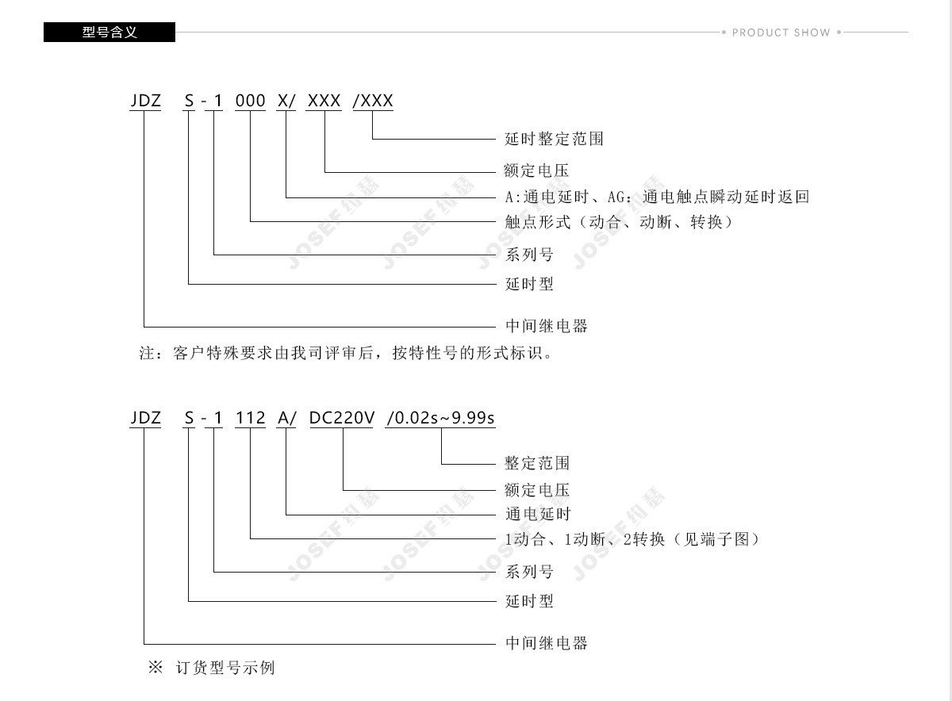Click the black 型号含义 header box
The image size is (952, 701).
(x=109, y=32)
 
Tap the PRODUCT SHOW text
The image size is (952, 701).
(x=781, y=33)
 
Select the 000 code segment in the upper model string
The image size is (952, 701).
(x=251, y=101)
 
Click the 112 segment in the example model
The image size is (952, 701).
(x=251, y=418)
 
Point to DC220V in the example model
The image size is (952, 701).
(x=342, y=418)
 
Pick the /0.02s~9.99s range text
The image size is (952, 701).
(x=441, y=418)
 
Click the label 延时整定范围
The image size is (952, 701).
(x=554, y=139)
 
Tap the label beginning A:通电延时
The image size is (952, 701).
(x=657, y=197)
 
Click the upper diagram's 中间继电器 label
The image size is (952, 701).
(x=547, y=326)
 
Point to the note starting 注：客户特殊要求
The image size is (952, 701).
(x=346, y=353)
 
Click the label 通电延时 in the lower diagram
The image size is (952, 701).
(x=538, y=514)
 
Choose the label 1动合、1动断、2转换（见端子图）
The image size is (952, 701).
(x=632, y=539)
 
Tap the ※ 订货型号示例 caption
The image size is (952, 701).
(x=212, y=668)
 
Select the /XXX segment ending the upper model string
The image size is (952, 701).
(x=373, y=101)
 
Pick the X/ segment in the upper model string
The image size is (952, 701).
(x=286, y=101)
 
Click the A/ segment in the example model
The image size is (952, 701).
(x=286, y=418)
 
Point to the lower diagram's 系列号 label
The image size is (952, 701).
(x=529, y=572)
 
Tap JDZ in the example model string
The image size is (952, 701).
(x=146, y=418)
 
